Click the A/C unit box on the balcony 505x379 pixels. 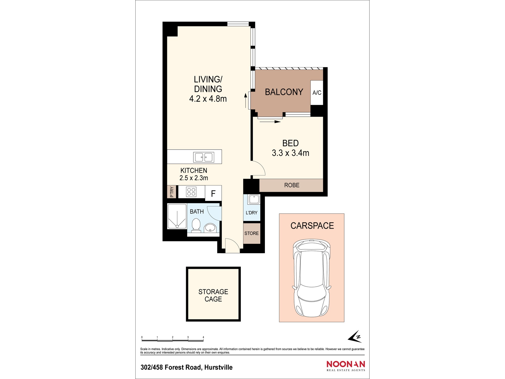coord(317,92)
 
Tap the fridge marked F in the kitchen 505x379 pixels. coord(213,193)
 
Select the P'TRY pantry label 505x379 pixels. coord(172,192)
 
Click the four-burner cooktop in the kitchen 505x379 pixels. coord(191,192)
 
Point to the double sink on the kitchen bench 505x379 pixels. coord(204,157)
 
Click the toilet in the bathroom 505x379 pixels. coord(196,225)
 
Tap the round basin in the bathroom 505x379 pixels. coord(210,228)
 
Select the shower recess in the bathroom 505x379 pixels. coord(177,216)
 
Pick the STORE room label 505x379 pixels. coord(251,233)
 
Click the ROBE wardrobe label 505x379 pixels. coord(292,185)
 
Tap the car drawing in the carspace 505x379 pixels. coord(312,278)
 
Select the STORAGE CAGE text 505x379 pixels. coord(213,295)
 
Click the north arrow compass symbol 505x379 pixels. coord(355,337)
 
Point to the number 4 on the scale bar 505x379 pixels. coord(203,337)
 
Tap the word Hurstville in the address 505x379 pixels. coord(218,367)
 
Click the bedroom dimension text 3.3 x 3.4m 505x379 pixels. coord(290,153)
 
